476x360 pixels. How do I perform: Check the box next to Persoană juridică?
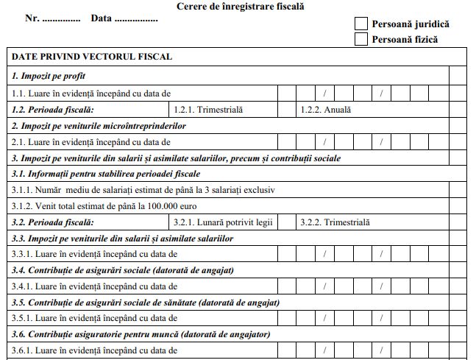pyautogui.click(x=360, y=24)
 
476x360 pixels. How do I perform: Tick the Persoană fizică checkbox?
pyautogui.click(x=360, y=39)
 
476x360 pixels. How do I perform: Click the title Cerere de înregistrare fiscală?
pyautogui.click(x=241, y=7)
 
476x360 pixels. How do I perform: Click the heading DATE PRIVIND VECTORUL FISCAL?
pyautogui.click(x=92, y=56)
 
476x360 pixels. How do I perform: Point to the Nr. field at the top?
pyautogui.click(x=60, y=18)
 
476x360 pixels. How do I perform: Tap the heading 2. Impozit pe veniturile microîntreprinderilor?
pyautogui.click(x=98, y=126)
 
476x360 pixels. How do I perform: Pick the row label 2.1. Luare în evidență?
pyautogui.click(x=90, y=142)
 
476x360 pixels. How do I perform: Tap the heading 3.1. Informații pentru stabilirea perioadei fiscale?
pyautogui.click(x=105, y=174)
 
